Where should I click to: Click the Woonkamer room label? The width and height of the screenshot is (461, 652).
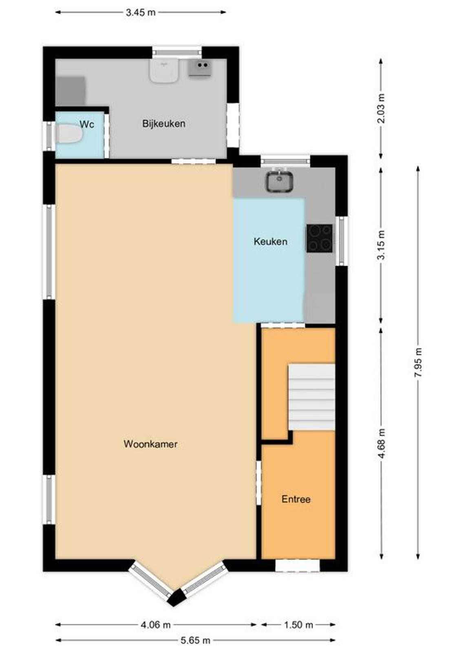click(x=150, y=444)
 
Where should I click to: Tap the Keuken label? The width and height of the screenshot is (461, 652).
click(x=270, y=241)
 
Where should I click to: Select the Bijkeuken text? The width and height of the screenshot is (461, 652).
click(x=164, y=123)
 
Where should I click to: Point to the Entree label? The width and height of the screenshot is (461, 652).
click(x=296, y=499)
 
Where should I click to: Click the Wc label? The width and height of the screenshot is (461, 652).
click(x=87, y=124)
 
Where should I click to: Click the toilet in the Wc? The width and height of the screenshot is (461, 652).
click(x=69, y=134)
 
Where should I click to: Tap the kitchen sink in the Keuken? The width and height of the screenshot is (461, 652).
click(x=279, y=181)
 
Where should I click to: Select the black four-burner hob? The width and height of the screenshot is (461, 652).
click(x=319, y=238)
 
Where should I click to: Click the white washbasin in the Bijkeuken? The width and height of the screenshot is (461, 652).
click(x=164, y=70)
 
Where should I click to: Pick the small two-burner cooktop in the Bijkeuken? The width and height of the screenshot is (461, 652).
click(x=199, y=68)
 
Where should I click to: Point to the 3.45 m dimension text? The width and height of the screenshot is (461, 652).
click(x=141, y=13)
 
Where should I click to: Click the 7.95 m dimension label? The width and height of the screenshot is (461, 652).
click(x=418, y=362)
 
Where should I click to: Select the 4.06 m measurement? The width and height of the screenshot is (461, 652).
click(x=155, y=624)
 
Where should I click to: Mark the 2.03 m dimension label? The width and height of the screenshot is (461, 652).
click(x=382, y=108)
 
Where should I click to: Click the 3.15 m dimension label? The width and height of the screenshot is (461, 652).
click(x=382, y=244)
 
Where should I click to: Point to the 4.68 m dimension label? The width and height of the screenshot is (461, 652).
click(x=382, y=443)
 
